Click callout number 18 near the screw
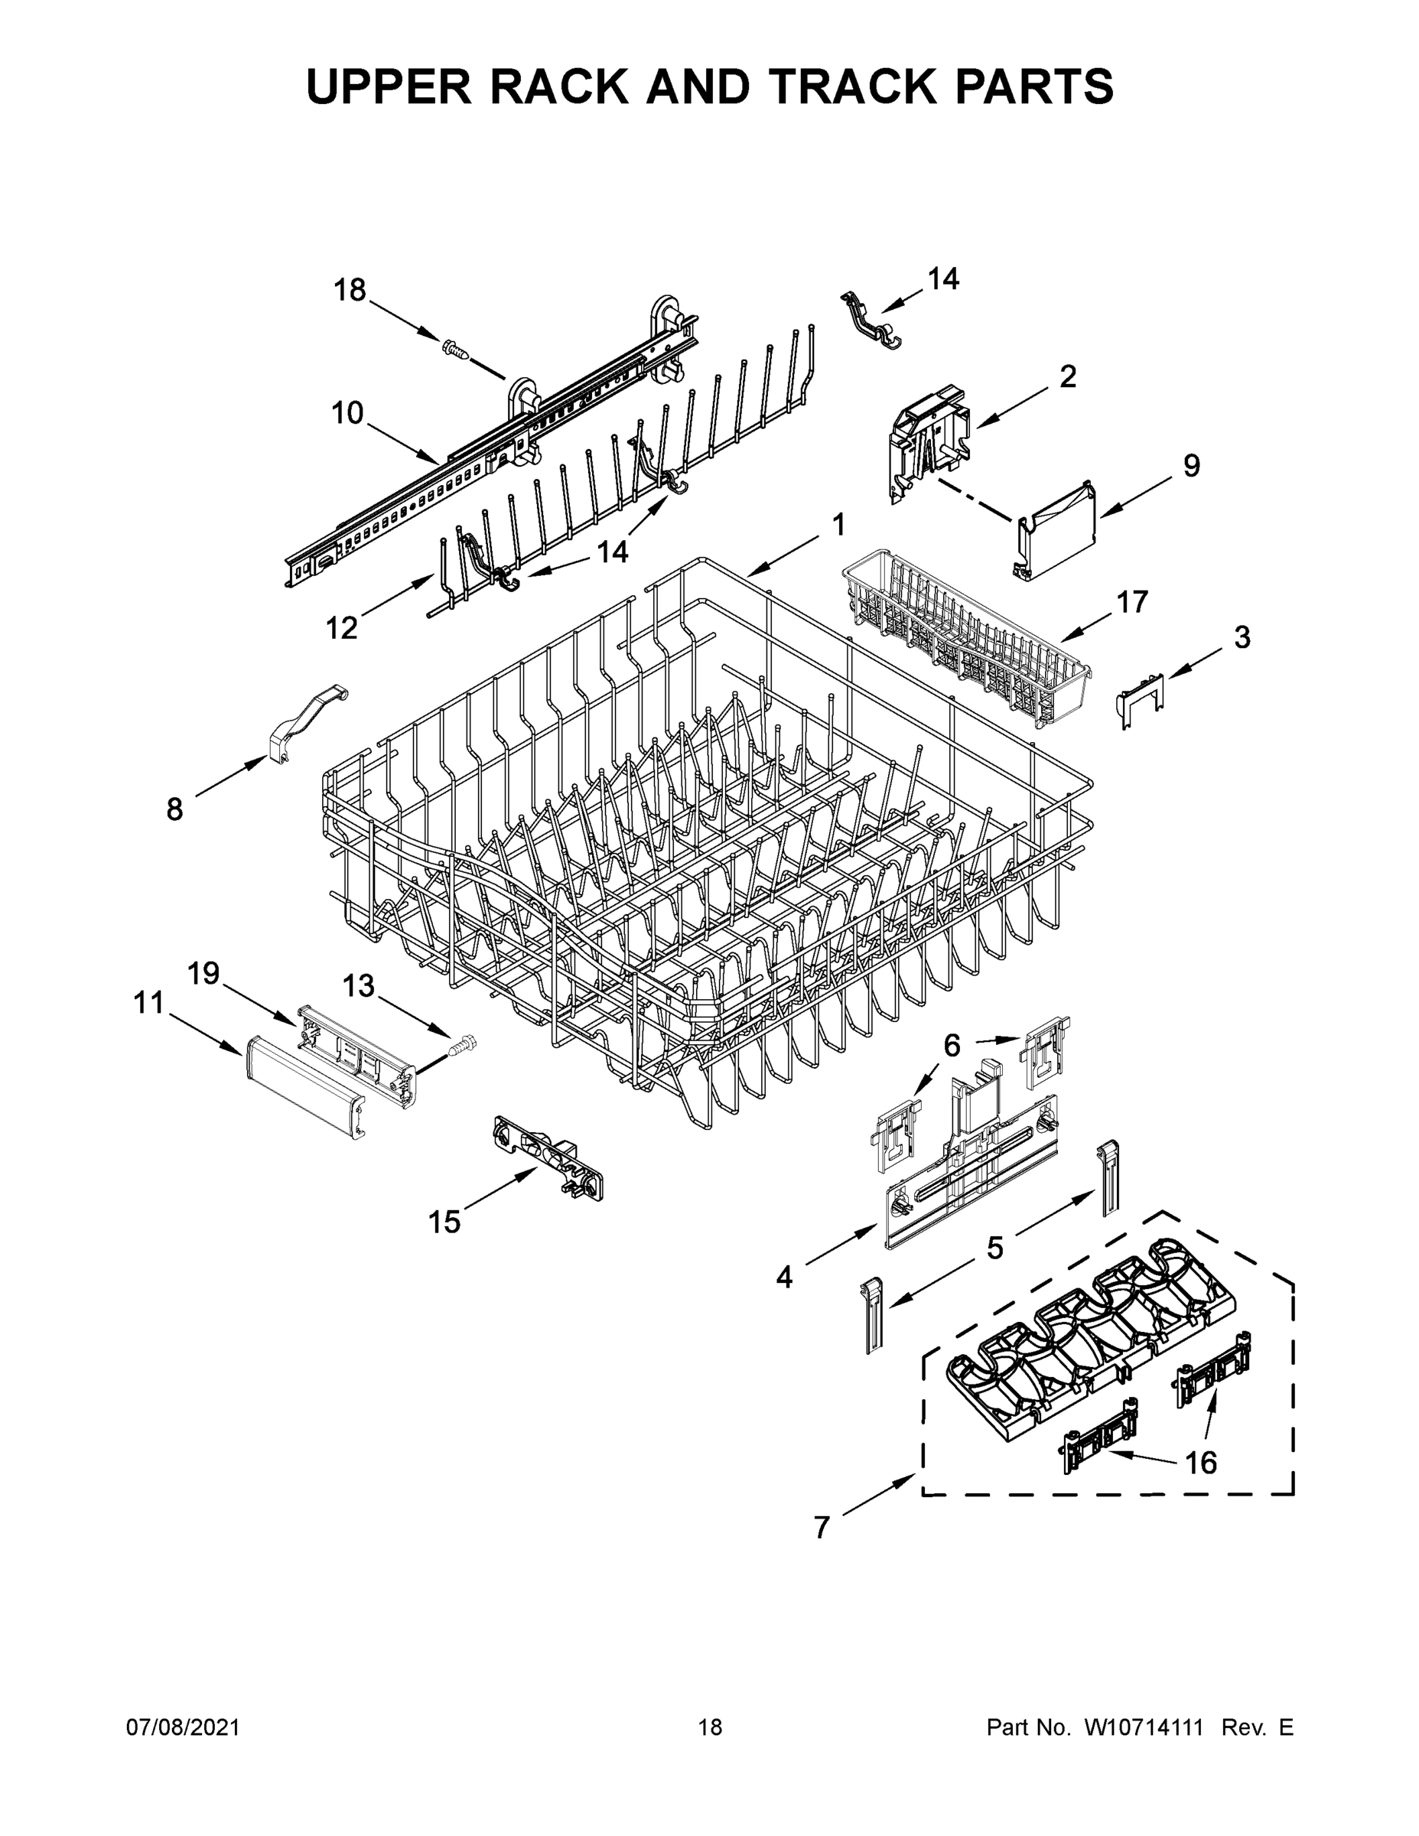coord(350,290)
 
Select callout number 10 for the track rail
coord(347,413)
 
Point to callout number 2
coord(1068,376)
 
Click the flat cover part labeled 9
coord(1057,532)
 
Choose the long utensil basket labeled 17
coord(967,653)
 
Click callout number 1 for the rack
coord(838,526)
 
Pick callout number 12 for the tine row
coord(341,627)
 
